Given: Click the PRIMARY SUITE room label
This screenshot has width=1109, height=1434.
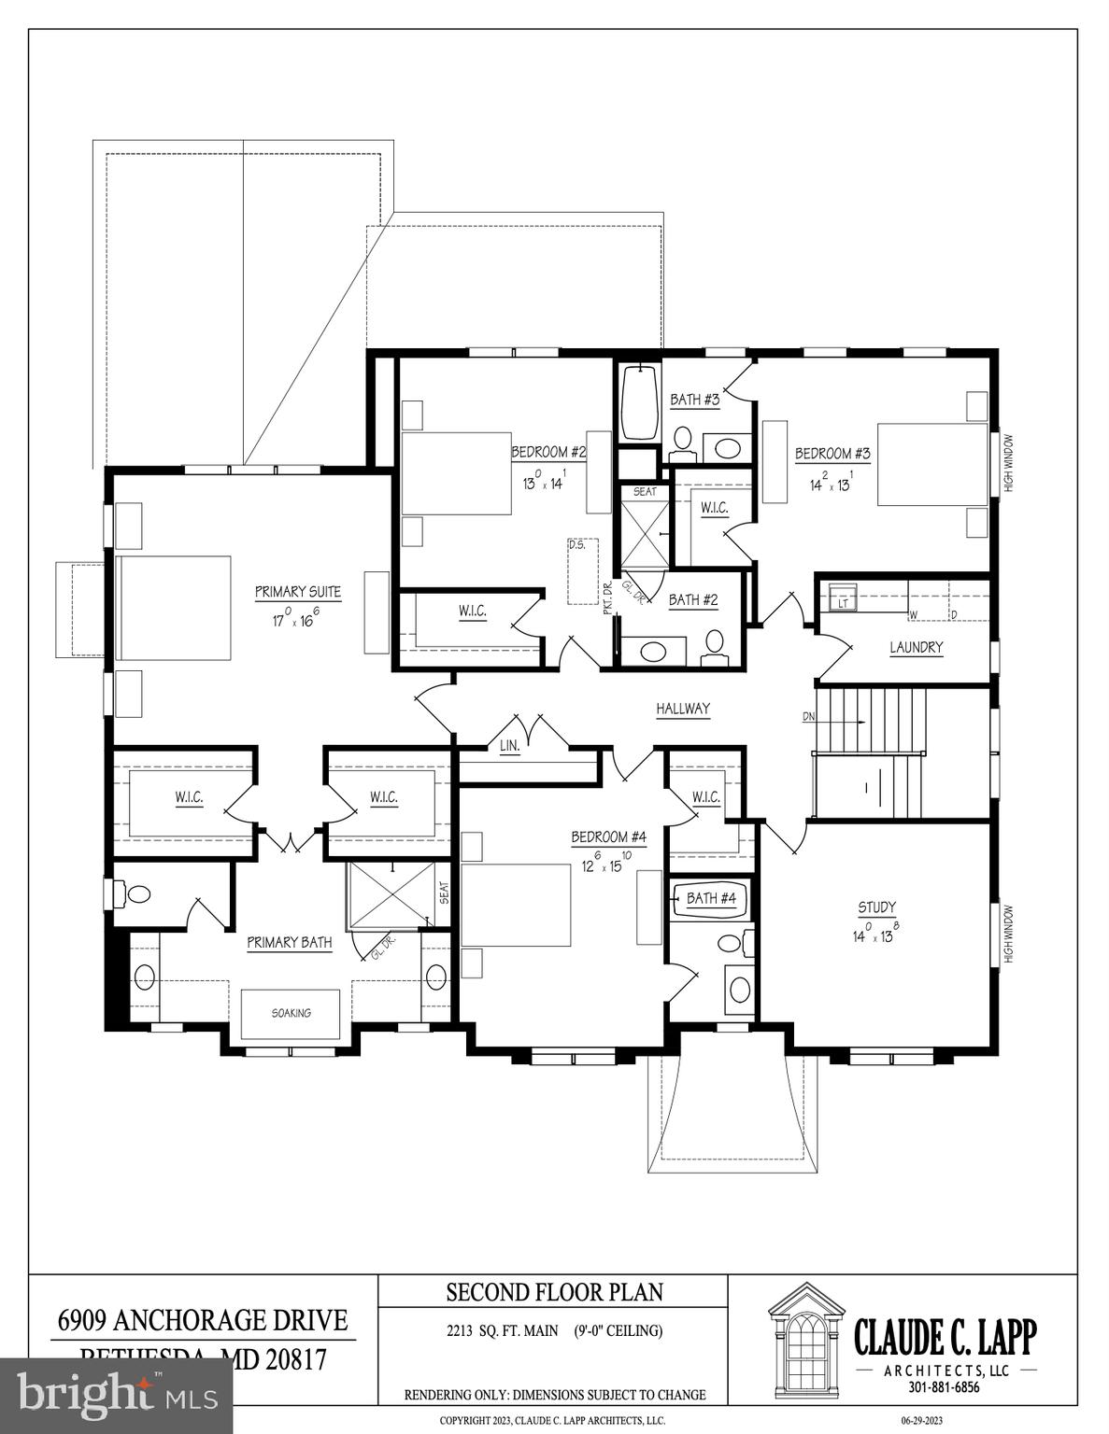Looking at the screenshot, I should coord(297,592).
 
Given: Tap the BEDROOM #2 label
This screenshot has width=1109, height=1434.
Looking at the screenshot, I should coord(547,453).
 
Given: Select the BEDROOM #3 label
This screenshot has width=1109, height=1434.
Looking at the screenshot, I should coord(832,454).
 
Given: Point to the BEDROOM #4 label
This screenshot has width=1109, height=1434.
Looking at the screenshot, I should coord(609,836).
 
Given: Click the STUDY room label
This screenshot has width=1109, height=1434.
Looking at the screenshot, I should coord(876,907).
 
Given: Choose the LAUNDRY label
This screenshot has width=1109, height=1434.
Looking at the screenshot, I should coord(916,647).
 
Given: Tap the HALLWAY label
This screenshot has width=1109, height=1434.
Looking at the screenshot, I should coord(682,709).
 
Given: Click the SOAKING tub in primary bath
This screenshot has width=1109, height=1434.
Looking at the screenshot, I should coord(291,1013).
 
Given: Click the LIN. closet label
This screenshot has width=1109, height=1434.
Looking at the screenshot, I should coord(509,746).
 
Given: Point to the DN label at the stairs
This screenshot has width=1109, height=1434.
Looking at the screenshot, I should coord(809,718).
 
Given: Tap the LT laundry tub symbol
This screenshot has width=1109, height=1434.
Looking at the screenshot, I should coord(843,603).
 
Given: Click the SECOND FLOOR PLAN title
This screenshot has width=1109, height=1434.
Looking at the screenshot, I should coord(554,1292).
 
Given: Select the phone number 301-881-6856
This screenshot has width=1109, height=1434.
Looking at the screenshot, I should coord(944,1387).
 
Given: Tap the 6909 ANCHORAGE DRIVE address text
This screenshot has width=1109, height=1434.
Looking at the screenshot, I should coord(203,1320).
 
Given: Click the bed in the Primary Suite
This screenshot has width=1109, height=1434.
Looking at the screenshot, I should coord(173,608).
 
